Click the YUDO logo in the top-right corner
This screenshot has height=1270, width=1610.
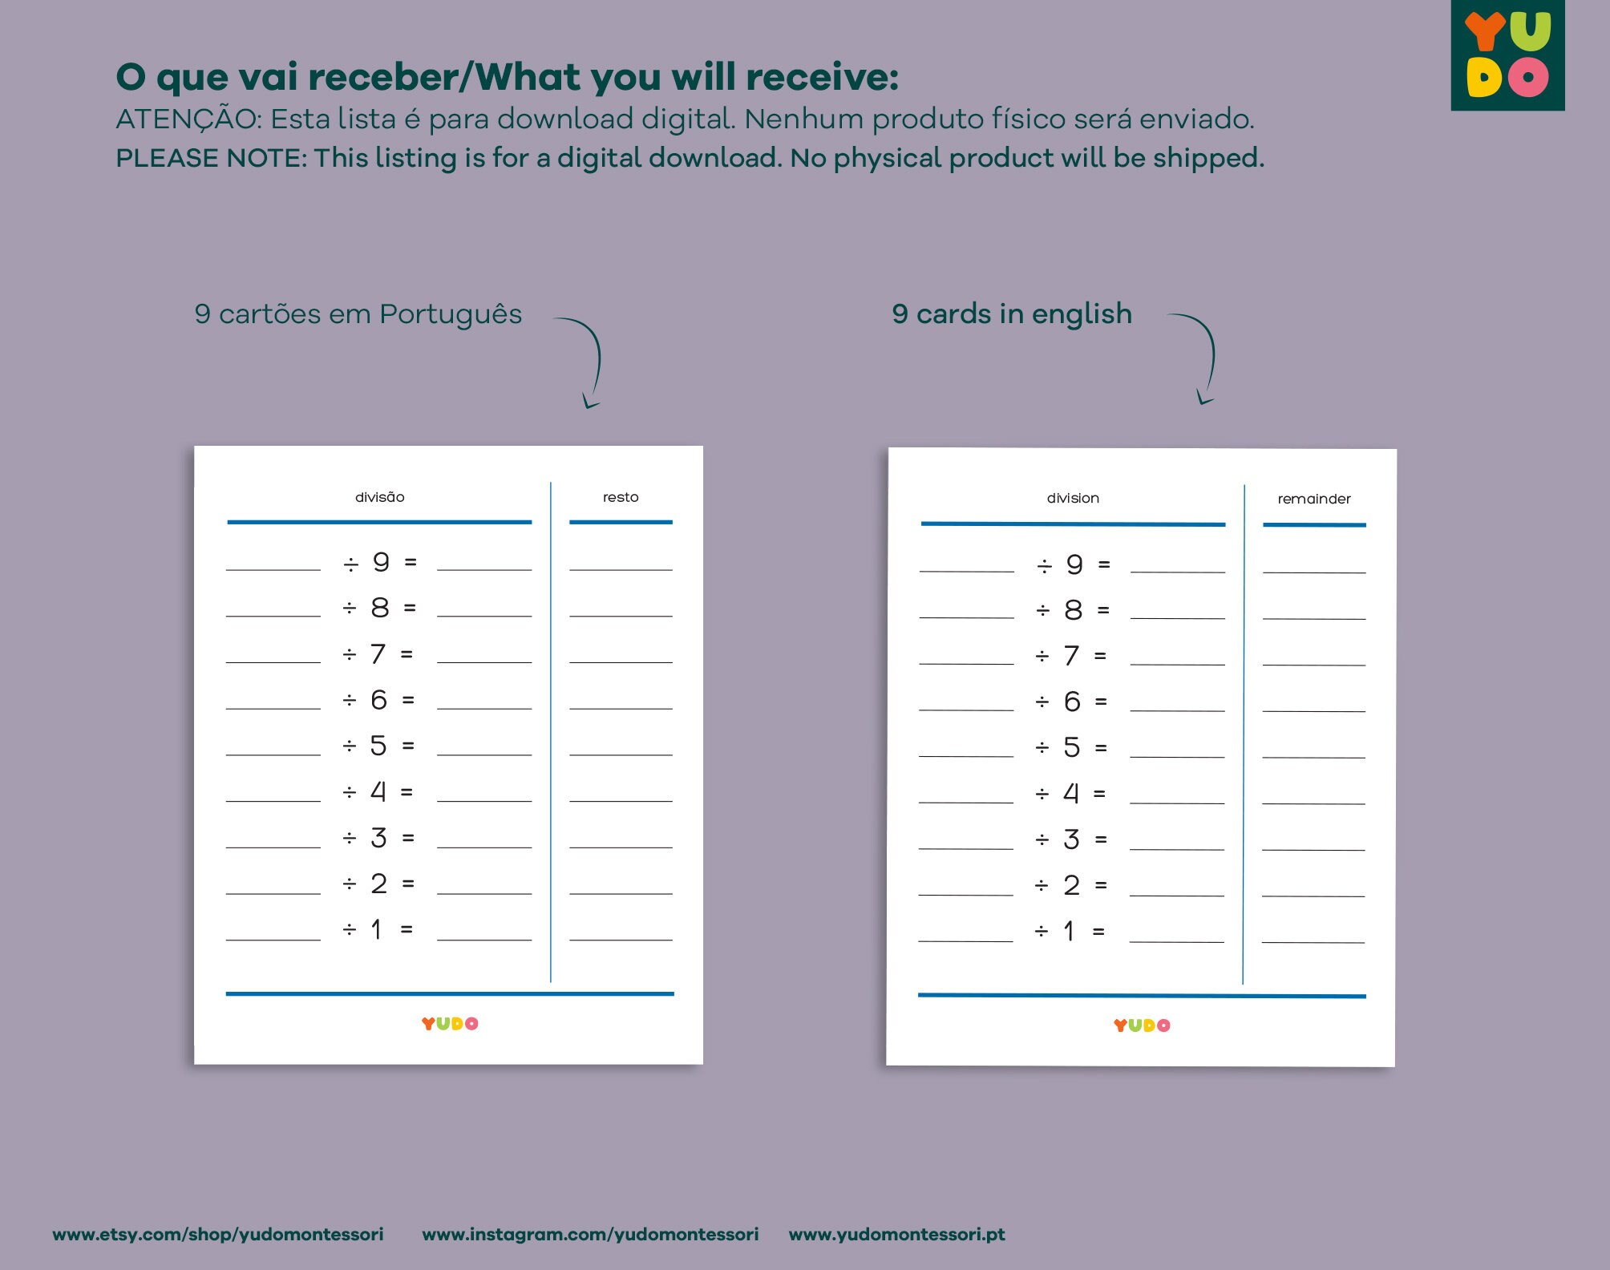[1507, 55]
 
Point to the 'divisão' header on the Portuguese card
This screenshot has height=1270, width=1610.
[379, 497]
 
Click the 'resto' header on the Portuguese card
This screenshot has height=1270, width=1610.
[621, 497]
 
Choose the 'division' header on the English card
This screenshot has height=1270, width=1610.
[1073, 498]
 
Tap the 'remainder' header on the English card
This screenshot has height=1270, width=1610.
[1314, 499]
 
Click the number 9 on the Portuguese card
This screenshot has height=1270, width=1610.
[381, 562]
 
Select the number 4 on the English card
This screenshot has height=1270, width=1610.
[1071, 794]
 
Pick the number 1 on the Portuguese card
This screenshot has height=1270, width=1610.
[376, 929]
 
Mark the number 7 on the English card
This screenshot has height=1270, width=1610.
[1071, 656]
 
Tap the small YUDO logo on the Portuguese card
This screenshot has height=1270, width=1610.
[450, 1024]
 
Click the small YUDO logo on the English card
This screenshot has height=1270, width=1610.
[1142, 1025]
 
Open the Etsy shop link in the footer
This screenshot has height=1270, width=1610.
[217, 1234]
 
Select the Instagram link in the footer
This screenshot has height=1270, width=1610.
[590, 1234]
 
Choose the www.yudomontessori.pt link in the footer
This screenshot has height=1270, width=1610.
[896, 1234]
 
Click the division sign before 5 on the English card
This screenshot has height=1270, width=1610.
[1042, 748]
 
